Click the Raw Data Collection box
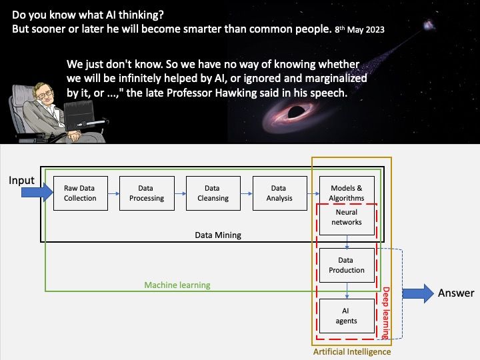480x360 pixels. coord(80,193)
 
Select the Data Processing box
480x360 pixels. coord(146,193)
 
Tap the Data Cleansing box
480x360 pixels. coord(212,193)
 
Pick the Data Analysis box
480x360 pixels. coord(279,193)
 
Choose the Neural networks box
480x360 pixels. coord(347,217)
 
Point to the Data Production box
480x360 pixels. coord(347,265)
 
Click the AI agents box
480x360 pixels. coord(347,316)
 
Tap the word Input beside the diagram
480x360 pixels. coord(21,181)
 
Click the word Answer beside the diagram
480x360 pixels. coord(456,293)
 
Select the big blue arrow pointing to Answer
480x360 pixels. coord(418,293)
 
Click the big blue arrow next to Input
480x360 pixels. coord(36,193)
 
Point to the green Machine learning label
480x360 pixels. coord(177,285)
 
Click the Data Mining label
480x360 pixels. coord(218,235)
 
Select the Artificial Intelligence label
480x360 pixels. coord(351,351)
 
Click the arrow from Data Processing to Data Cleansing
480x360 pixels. coord(180,193)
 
